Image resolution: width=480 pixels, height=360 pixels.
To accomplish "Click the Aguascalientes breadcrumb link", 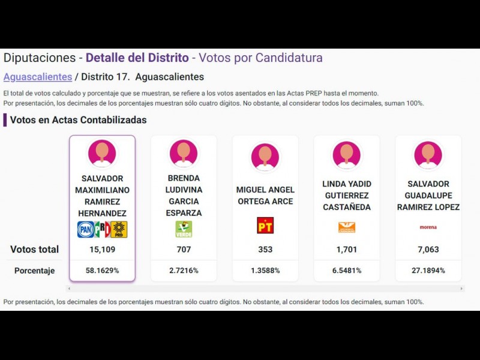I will (x=37, y=77).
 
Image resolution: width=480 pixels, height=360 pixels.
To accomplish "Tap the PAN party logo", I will (x=85, y=229).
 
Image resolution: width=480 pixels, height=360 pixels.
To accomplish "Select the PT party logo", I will (x=265, y=226).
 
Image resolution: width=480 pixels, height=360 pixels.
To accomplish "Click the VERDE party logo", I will (x=184, y=229).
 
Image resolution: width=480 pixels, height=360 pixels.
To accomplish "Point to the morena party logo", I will (x=428, y=227).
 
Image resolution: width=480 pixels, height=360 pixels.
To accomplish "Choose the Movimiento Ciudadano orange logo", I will (x=347, y=227).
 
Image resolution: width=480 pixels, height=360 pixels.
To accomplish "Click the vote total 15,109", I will (x=102, y=250).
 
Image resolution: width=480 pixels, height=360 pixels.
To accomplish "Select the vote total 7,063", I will (x=428, y=250).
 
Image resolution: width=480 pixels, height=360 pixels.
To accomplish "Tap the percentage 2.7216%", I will (x=184, y=271).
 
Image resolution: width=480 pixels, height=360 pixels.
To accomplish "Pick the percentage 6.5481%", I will (x=347, y=271).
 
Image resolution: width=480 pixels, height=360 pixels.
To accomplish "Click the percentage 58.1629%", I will (x=102, y=271).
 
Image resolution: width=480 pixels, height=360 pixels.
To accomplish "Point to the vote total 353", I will (x=265, y=250).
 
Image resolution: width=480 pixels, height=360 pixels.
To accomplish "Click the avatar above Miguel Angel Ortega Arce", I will (x=265, y=157).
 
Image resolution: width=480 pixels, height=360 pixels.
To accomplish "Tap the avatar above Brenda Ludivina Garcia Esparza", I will (x=184, y=154).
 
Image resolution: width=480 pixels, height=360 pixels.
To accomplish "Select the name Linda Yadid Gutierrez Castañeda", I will (x=347, y=196).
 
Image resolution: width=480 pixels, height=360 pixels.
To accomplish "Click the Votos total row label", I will (x=35, y=250).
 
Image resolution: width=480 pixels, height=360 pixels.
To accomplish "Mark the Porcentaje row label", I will (x=35, y=271).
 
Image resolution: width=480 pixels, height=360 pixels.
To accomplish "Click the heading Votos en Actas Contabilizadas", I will (x=79, y=120).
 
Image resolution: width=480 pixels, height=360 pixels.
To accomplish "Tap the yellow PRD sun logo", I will (x=119, y=229).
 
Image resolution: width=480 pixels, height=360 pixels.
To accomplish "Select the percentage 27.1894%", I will (x=428, y=271).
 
